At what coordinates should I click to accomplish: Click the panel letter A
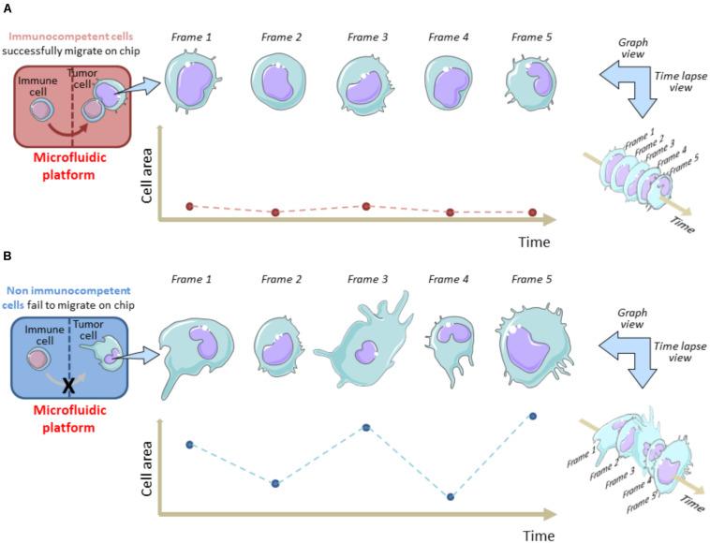(7, 8)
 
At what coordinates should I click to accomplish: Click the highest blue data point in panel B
(533, 415)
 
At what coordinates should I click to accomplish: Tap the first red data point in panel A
(189, 205)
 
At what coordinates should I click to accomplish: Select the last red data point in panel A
(532, 213)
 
